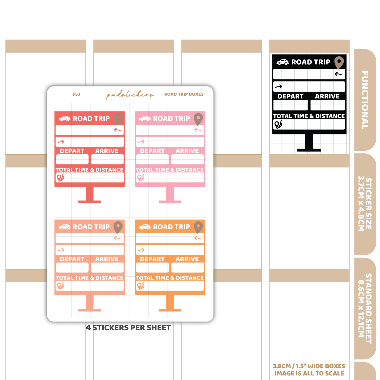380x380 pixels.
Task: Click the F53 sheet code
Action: click(x=76, y=94)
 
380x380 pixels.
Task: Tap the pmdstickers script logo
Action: click(x=130, y=95)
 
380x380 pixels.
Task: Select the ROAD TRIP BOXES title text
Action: click(x=184, y=94)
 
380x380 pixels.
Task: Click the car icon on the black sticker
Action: click(x=282, y=62)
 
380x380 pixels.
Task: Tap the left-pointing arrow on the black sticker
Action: click(x=338, y=74)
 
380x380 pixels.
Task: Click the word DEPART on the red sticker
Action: click(x=72, y=151)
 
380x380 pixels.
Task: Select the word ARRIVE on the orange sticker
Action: click(x=187, y=259)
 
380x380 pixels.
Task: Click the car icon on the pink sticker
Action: click(x=145, y=119)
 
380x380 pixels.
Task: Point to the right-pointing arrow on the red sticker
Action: click(x=61, y=141)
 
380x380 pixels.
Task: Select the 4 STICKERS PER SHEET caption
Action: click(x=128, y=328)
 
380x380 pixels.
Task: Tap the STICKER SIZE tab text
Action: click(x=365, y=204)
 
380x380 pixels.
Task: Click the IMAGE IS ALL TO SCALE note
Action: click(x=309, y=373)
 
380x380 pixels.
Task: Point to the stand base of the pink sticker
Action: click(x=170, y=202)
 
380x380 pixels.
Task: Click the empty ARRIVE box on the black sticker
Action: click(x=328, y=105)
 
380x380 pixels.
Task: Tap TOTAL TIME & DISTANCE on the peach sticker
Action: click(x=89, y=278)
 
